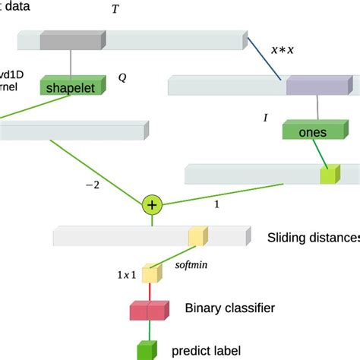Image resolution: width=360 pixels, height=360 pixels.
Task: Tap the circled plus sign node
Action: [153, 204]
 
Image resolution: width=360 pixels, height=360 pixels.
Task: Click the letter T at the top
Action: [115, 10]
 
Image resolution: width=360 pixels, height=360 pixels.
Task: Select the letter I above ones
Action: [265, 118]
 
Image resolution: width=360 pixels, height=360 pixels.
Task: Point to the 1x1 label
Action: [126, 275]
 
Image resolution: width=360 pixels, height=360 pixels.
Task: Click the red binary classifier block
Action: [148, 310]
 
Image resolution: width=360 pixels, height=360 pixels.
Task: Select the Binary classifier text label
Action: [229, 308]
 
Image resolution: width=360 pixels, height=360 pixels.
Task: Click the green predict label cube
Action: [146, 350]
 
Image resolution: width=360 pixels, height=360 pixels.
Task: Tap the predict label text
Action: [207, 350]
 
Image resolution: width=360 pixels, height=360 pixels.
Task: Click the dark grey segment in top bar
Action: [72, 40]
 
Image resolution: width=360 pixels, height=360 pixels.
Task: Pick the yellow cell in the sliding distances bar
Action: [197, 236]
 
